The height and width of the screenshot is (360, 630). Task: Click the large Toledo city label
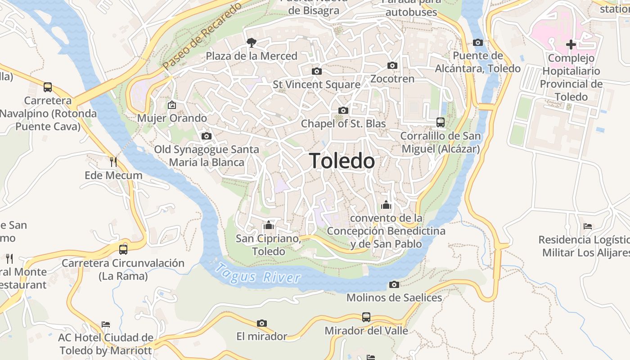342,161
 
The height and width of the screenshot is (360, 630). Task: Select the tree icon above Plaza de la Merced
252,43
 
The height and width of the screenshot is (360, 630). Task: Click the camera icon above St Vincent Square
317,71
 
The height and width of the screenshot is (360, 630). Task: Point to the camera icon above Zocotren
392,65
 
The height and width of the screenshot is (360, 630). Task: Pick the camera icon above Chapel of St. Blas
343,110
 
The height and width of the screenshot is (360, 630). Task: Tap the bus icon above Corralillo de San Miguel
441,122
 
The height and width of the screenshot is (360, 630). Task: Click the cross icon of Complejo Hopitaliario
571,45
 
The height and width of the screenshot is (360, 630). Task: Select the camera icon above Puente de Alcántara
478,43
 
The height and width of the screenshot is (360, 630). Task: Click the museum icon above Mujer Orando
171,105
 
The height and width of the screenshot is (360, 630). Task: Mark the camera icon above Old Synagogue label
207,136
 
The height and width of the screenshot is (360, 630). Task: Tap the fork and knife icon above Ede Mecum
113,162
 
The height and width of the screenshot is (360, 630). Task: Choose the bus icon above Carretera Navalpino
48,87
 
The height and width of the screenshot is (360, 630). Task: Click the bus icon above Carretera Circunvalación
123,249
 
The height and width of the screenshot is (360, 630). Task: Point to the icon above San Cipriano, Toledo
269,225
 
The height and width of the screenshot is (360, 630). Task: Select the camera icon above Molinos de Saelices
394,284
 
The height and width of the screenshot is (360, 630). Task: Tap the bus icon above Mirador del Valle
366,317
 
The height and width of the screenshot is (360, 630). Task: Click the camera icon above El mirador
262,323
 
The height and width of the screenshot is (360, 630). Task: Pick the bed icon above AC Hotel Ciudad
106,324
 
